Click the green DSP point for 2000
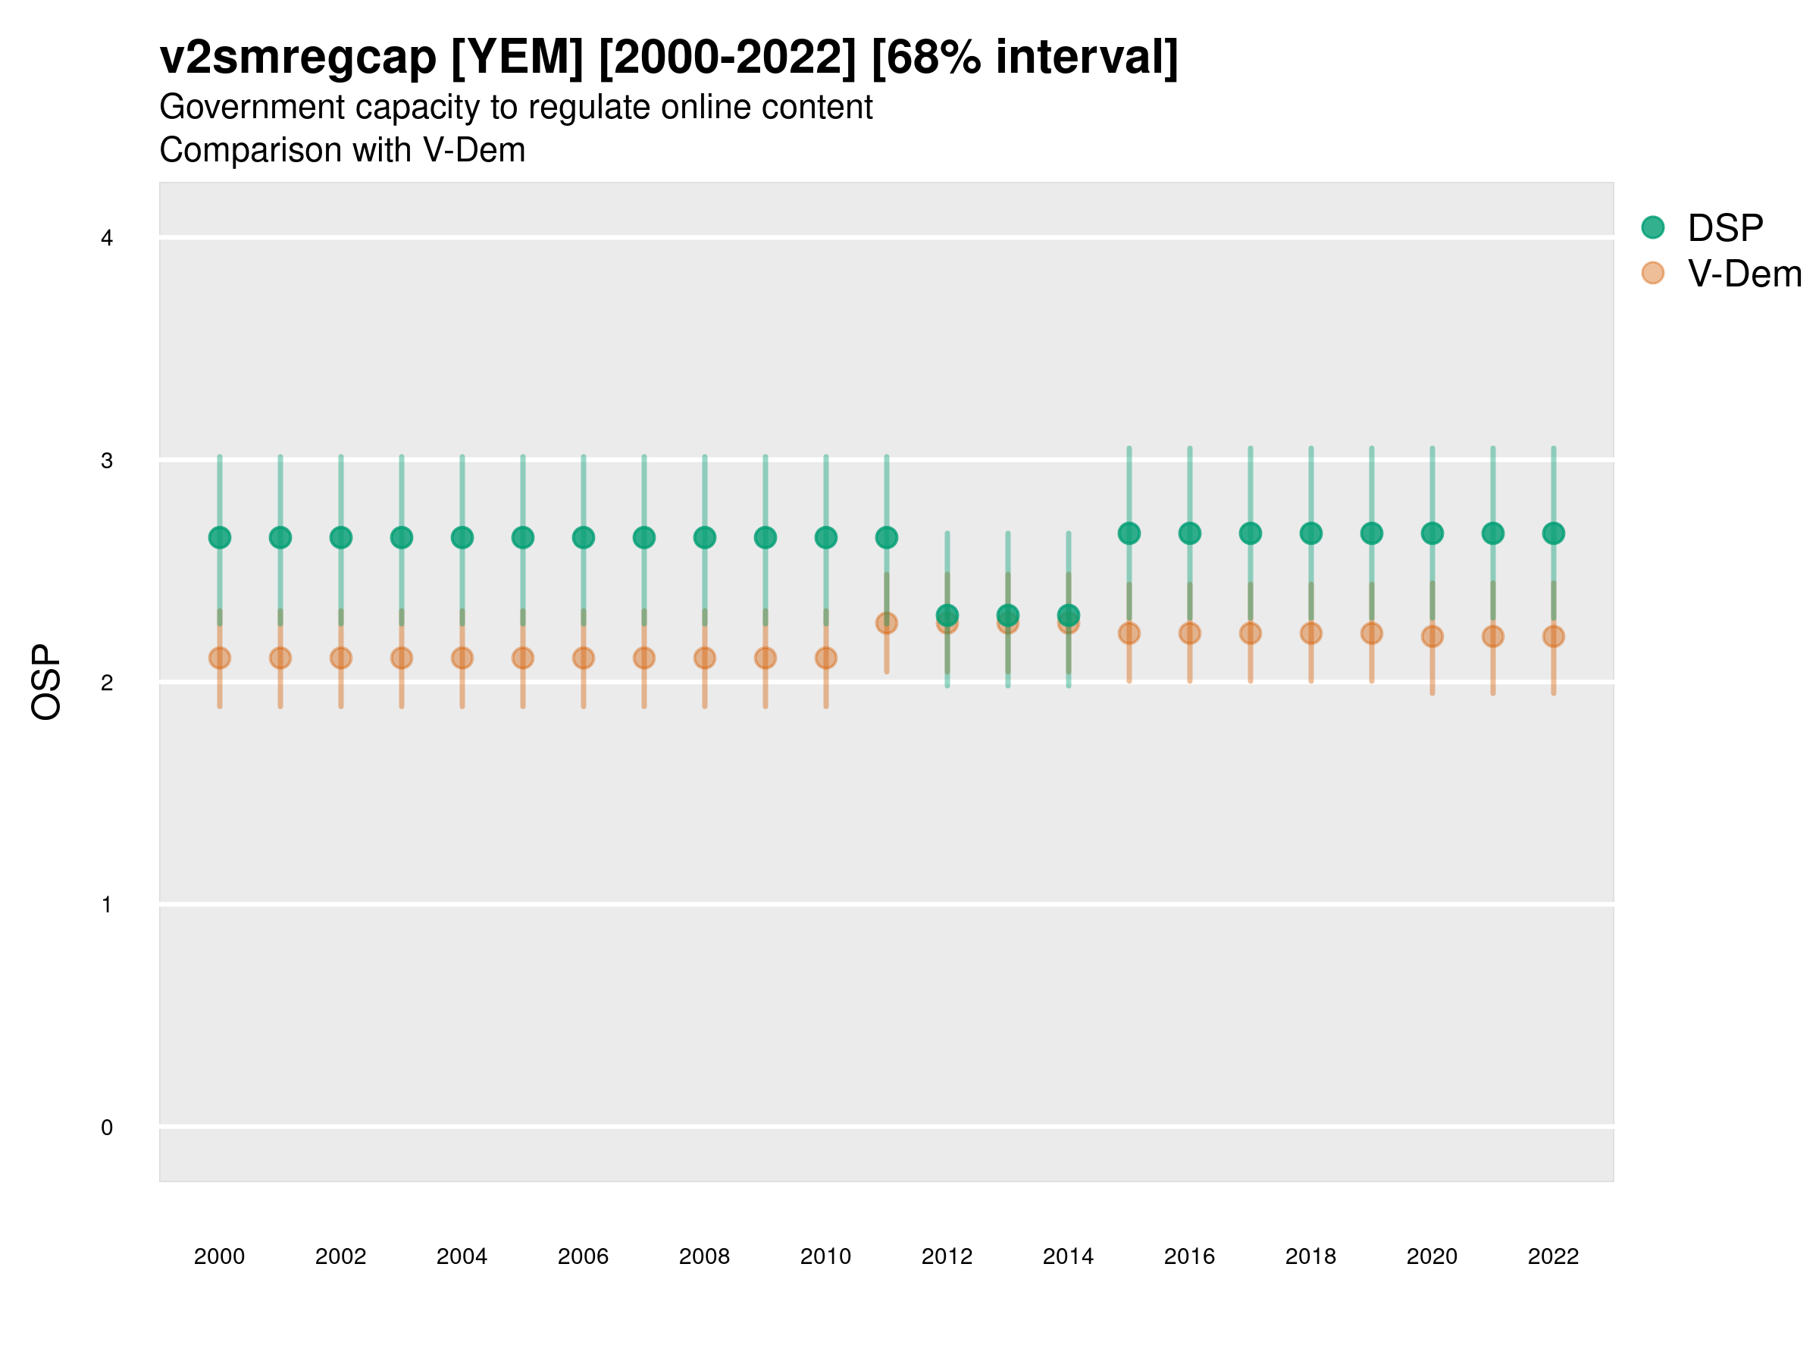(x=220, y=538)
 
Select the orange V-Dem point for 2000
(x=220, y=658)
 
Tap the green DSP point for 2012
(x=947, y=615)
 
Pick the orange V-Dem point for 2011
(x=887, y=623)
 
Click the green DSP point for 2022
(x=1554, y=533)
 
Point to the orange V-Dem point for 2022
(x=1554, y=637)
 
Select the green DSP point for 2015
(x=1129, y=533)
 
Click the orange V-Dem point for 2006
(x=583, y=658)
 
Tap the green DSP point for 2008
(x=705, y=538)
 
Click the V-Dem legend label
(x=1744, y=274)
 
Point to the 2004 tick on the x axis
(x=462, y=1256)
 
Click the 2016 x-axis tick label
(x=1189, y=1256)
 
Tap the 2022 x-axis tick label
(x=1554, y=1256)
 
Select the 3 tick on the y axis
(x=107, y=461)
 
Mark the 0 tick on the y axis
(x=107, y=1128)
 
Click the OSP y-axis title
(x=46, y=683)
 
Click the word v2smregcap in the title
(x=298, y=58)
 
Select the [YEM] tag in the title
(x=517, y=58)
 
